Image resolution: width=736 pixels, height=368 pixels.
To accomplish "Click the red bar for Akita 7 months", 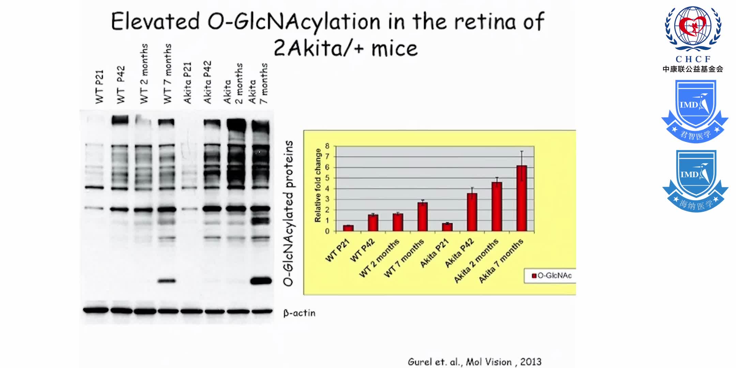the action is (521, 198).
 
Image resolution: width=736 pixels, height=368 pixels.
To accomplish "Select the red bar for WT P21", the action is (348, 228).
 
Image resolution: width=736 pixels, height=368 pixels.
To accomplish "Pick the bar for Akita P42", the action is (472, 212).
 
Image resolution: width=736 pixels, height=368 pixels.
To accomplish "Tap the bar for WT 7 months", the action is (423, 217).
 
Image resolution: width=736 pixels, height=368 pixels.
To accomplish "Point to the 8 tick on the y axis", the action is (327, 146).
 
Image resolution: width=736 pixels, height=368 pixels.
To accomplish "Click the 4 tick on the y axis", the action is (327, 188).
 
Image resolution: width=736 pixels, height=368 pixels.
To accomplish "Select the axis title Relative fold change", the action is (318, 185).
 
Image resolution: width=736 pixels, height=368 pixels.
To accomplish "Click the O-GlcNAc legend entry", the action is (552, 276).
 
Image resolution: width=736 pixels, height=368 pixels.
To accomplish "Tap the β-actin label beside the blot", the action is (299, 313).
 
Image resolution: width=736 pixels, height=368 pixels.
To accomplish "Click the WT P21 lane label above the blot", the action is (99, 87).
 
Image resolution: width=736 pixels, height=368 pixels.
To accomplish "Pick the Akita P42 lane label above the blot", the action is (208, 82).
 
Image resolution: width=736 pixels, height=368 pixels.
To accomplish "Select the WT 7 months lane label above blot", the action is (167, 73).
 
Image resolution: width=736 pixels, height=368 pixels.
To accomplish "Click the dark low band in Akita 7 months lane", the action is (261, 281).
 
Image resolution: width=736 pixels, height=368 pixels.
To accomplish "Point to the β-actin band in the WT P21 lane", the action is (96, 310).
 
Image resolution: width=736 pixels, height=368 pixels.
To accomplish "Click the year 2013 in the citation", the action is (531, 362).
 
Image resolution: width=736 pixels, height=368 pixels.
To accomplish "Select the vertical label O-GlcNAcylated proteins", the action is (288, 213).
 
